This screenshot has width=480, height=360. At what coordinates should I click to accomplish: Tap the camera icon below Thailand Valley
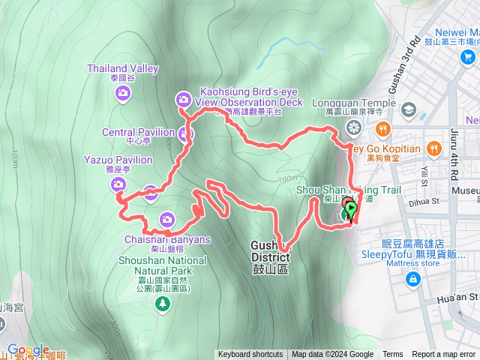(x=123, y=93)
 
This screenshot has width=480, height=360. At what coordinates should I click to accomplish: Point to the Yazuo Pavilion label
(x=118, y=160)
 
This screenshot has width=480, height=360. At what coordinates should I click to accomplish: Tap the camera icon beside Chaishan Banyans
(x=166, y=220)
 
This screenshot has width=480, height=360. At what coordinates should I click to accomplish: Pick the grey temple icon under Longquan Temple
(x=353, y=124)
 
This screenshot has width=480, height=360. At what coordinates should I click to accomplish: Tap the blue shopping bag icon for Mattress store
(x=412, y=279)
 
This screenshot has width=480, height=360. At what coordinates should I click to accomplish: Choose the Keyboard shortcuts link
(x=250, y=355)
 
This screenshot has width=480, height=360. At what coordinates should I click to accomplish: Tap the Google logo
(x=28, y=350)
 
